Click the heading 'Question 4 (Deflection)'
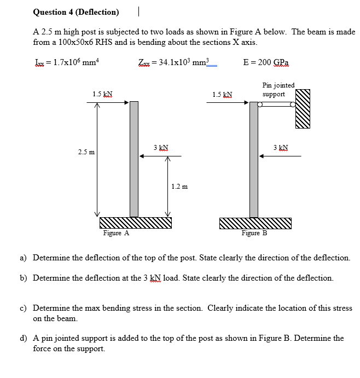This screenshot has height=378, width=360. tap(76, 11)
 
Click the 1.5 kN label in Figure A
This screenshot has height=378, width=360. tap(103, 94)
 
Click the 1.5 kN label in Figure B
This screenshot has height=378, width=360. tap(222, 94)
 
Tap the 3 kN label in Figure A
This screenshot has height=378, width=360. tap(161, 148)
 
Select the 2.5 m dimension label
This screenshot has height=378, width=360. tap(85, 150)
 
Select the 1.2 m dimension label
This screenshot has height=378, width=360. tap(179, 187)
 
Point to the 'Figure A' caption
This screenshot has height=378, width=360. tap(116, 233)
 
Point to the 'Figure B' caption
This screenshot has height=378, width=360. tap(254, 233)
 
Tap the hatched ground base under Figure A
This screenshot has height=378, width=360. tap(135, 223)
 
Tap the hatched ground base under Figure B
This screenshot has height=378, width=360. tap(255, 223)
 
